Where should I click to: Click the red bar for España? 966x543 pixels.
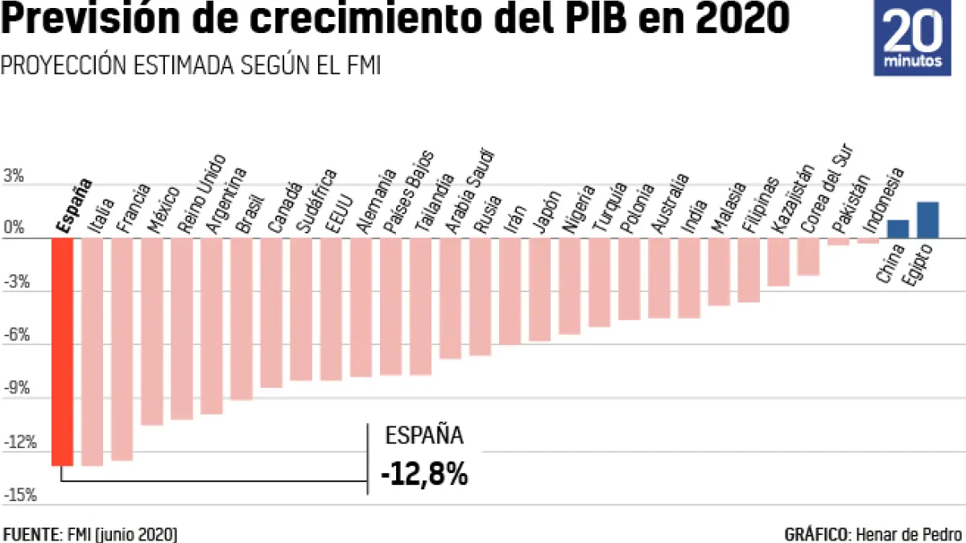point(62,352)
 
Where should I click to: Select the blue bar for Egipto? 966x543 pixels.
point(928,220)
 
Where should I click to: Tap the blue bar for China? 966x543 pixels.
point(898,229)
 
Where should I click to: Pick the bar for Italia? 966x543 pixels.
point(92,352)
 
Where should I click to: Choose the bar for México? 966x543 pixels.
point(151,331)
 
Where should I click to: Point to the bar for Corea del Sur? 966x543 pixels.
point(809,257)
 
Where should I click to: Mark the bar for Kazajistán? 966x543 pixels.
point(778,262)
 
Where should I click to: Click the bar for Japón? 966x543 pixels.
point(540,290)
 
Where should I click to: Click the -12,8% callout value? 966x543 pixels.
point(424,473)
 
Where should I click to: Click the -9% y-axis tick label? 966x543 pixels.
point(19,389)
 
